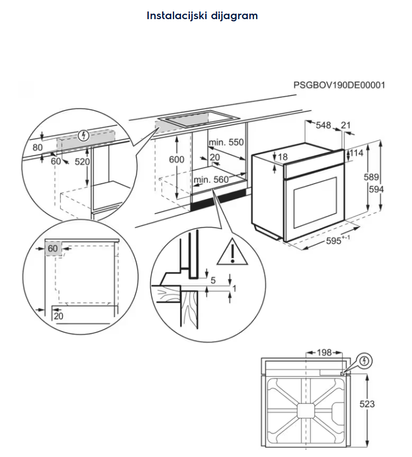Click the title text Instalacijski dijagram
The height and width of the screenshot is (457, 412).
pos(202,15)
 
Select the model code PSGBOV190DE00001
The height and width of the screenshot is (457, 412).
pos(339,85)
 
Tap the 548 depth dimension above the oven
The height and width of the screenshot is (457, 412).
pos(323,126)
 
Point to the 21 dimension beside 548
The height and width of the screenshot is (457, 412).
pos(345,126)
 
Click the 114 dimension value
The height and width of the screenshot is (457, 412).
pos(356,154)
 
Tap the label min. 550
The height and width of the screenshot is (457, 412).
pos(225,143)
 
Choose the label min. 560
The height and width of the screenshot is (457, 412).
pos(211,179)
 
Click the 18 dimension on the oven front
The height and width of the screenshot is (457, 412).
pos(282,157)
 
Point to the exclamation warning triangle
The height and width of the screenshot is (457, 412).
pos(233,252)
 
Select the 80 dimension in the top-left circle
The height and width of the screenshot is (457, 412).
pos(37,147)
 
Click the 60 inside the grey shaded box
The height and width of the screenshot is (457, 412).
pos(53,249)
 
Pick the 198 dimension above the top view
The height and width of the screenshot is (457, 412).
pos(324,353)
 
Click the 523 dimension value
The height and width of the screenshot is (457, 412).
pos(367,404)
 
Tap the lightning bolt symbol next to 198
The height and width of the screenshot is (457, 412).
pos(365,361)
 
